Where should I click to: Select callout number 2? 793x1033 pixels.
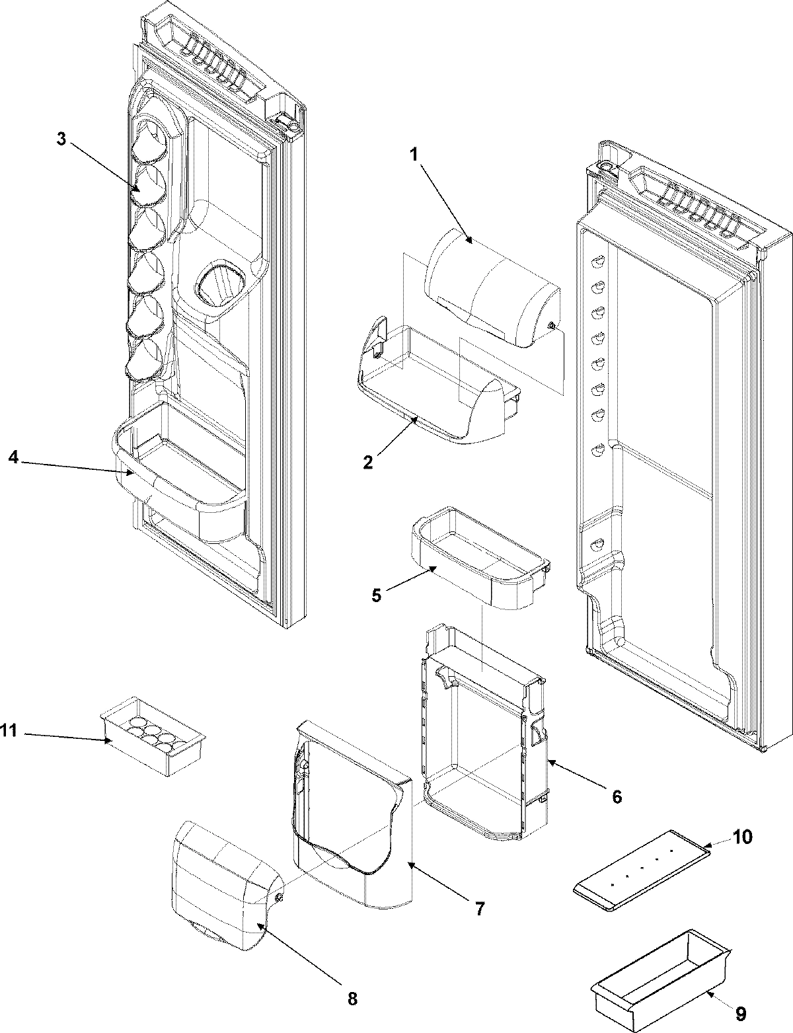point(367,461)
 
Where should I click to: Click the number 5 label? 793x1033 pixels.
point(377,594)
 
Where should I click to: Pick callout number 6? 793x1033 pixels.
point(616,797)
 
